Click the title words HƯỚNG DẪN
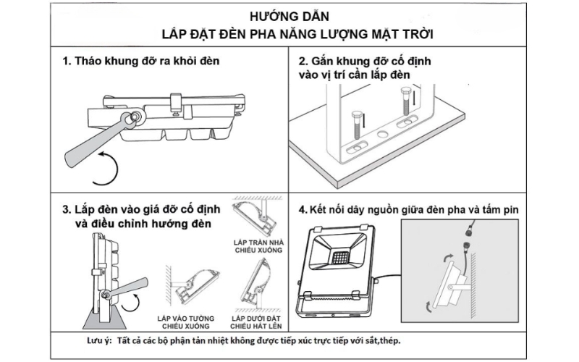pos(289,16)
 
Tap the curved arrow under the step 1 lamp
pos(109,168)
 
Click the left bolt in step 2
pos(356,130)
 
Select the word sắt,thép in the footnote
pos(381,341)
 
